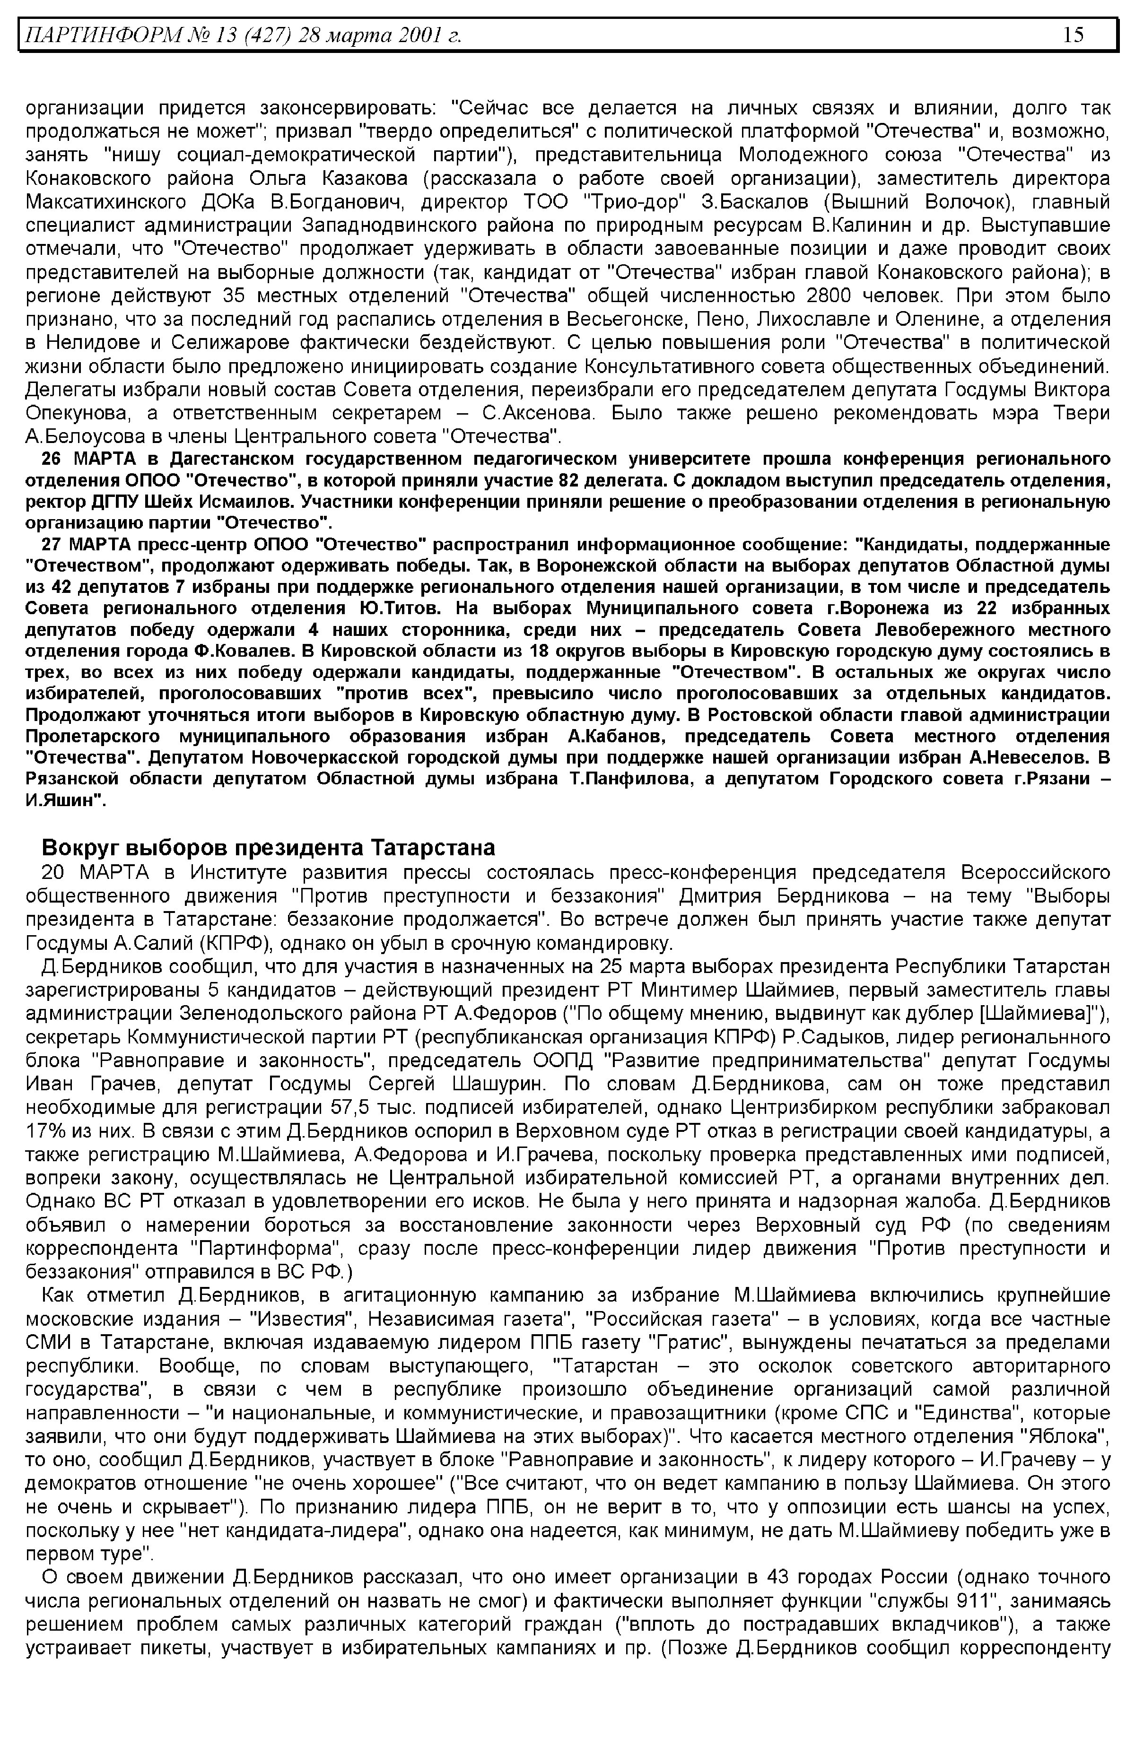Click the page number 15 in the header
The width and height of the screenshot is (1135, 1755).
(x=1073, y=35)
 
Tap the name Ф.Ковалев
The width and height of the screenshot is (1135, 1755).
(x=244, y=652)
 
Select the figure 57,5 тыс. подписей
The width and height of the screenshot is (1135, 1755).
(x=352, y=1108)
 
